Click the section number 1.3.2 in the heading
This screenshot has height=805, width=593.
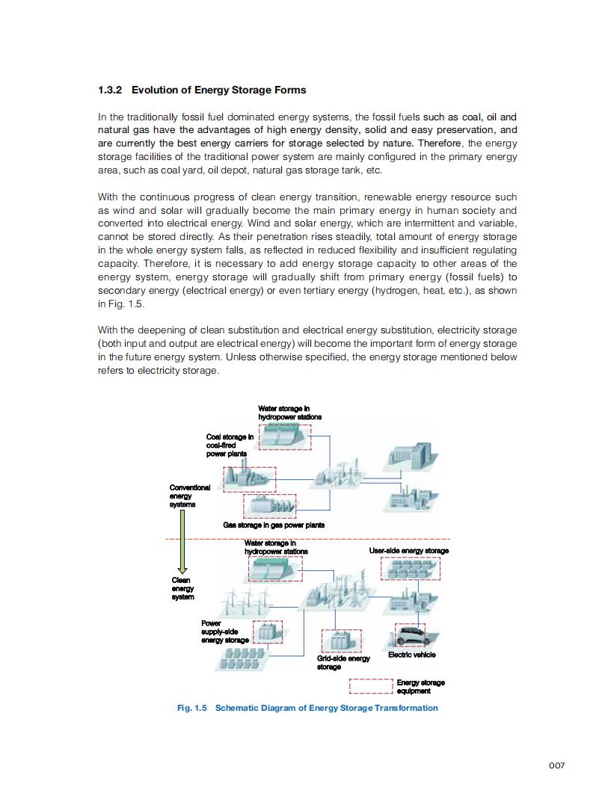[x=111, y=90]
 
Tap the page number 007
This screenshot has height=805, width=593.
[x=556, y=765]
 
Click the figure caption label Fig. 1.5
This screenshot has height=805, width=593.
[x=191, y=708]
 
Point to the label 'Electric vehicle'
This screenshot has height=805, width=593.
[x=411, y=655]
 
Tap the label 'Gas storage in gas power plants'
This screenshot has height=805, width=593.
[x=273, y=525]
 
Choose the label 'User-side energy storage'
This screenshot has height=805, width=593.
[x=408, y=551]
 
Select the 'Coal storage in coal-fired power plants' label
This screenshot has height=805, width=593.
[x=228, y=445]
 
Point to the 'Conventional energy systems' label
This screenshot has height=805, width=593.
[x=189, y=496]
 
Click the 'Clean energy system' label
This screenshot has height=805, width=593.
[x=182, y=588]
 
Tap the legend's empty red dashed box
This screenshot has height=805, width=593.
[x=371, y=686]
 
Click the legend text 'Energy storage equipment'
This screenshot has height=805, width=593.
[x=420, y=686]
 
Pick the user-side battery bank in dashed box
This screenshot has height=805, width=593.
[x=410, y=569]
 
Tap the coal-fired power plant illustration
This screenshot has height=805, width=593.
[x=248, y=479]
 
